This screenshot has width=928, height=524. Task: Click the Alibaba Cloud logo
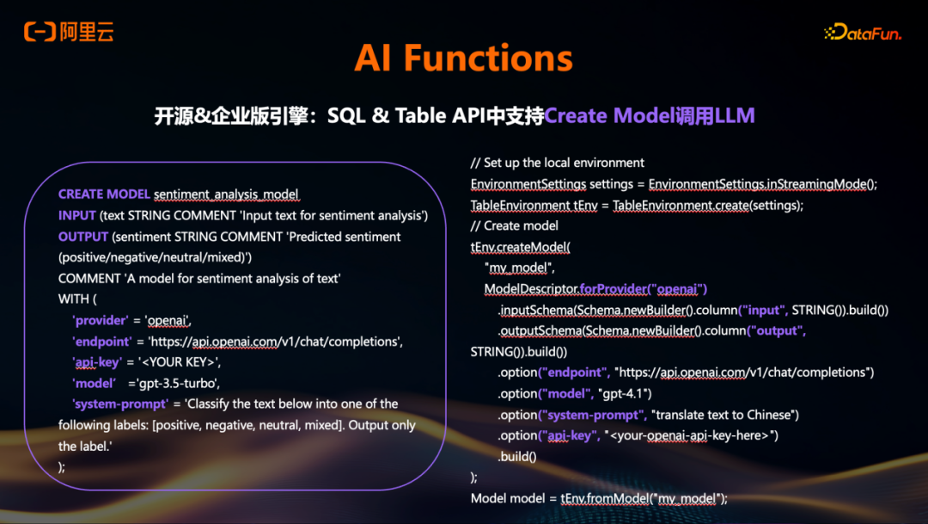point(69,33)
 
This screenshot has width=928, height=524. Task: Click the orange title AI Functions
point(463,59)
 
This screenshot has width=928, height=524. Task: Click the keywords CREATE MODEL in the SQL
point(104,194)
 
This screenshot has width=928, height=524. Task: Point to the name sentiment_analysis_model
point(226,194)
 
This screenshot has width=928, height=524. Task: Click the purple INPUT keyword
point(76,215)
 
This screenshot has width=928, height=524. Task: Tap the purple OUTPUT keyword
point(83,236)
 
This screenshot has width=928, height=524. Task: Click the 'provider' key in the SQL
point(101,320)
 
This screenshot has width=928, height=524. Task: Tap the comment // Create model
point(515,225)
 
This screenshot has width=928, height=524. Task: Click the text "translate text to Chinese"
point(725,415)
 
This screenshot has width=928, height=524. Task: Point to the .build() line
point(516,456)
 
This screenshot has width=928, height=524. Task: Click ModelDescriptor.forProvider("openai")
point(595,288)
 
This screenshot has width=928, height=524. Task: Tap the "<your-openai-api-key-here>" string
point(691,435)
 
